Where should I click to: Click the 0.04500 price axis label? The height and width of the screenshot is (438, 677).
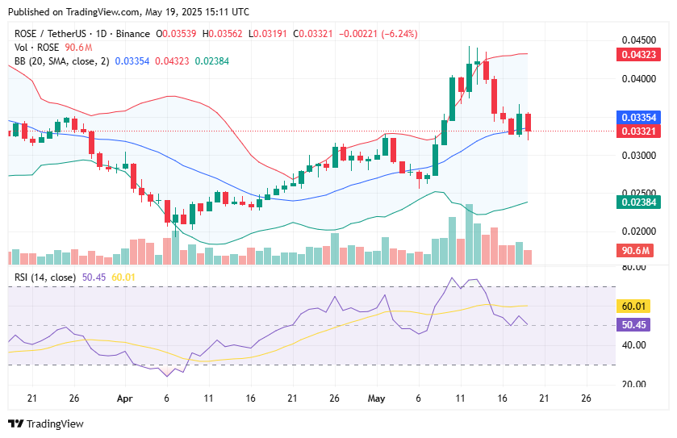pyautogui.click(x=638, y=40)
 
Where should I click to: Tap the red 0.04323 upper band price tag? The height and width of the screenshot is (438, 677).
pyautogui.click(x=638, y=54)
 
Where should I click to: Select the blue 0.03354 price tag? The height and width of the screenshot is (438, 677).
pyautogui.click(x=638, y=117)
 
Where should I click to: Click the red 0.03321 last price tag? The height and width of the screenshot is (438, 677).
pyautogui.click(x=638, y=131)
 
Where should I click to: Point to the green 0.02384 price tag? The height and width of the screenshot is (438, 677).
pyautogui.click(x=638, y=202)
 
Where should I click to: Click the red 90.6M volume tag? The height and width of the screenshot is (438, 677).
pyautogui.click(x=638, y=251)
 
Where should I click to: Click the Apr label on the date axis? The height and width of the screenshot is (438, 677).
pyautogui.click(x=124, y=398)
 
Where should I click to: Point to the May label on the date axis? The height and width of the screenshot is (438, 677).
pyautogui.click(x=376, y=398)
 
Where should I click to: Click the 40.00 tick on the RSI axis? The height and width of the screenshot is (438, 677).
pyautogui.click(x=632, y=345)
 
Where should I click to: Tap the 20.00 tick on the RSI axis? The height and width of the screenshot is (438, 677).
pyautogui.click(x=632, y=385)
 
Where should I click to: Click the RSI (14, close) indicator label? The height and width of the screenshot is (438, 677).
pyautogui.click(x=45, y=277)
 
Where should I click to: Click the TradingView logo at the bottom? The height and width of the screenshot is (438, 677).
pyautogui.click(x=46, y=424)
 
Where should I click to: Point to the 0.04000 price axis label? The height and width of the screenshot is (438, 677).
pyautogui.click(x=638, y=78)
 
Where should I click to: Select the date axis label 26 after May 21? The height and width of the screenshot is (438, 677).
pyautogui.click(x=586, y=398)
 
